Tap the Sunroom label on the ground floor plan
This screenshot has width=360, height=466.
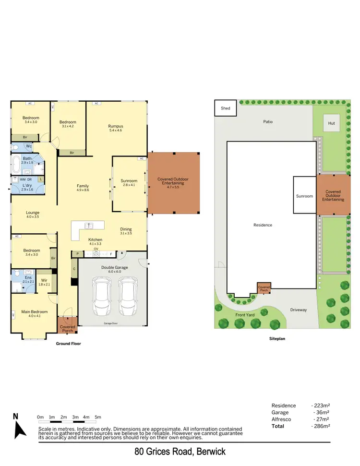tap(129, 181)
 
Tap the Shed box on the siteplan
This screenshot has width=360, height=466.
tap(226, 108)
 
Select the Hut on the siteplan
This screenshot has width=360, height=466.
tap(331, 123)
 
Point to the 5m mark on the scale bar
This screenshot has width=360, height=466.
tap(98, 417)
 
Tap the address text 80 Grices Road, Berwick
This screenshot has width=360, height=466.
tap(180, 452)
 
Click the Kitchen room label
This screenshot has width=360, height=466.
tap(95, 239)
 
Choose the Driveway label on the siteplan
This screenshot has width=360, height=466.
tap(298, 310)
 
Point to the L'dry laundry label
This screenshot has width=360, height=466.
tap(27, 185)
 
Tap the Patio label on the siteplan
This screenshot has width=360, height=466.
tap(268, 121)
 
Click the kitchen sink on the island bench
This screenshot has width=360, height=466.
tap(88, 225)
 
